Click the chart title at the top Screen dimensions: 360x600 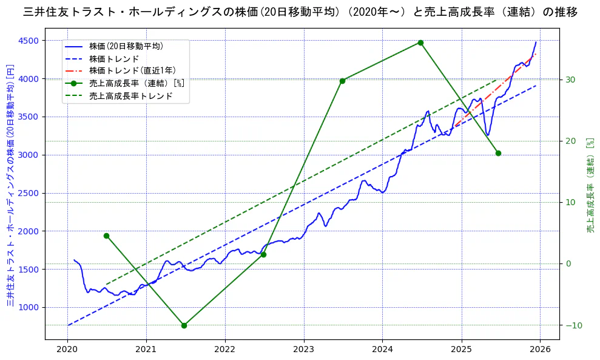(300, 12)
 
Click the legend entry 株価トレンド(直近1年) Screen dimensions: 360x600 (132, 70)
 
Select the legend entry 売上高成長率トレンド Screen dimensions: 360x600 (130, 95)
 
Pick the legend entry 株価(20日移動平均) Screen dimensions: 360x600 (126, 46)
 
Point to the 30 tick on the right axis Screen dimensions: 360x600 (570, 80)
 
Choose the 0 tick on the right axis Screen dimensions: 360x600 (568, 263)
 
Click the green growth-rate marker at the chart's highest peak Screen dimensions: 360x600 (420, 42)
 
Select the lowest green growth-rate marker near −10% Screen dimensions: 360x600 (184, 325)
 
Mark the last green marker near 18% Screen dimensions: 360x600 (498, 153)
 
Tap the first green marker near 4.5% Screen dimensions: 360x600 (106, 236)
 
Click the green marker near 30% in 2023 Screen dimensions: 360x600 (342, 81)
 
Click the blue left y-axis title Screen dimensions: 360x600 (10, 185)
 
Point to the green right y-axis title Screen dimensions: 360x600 (590, 185)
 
